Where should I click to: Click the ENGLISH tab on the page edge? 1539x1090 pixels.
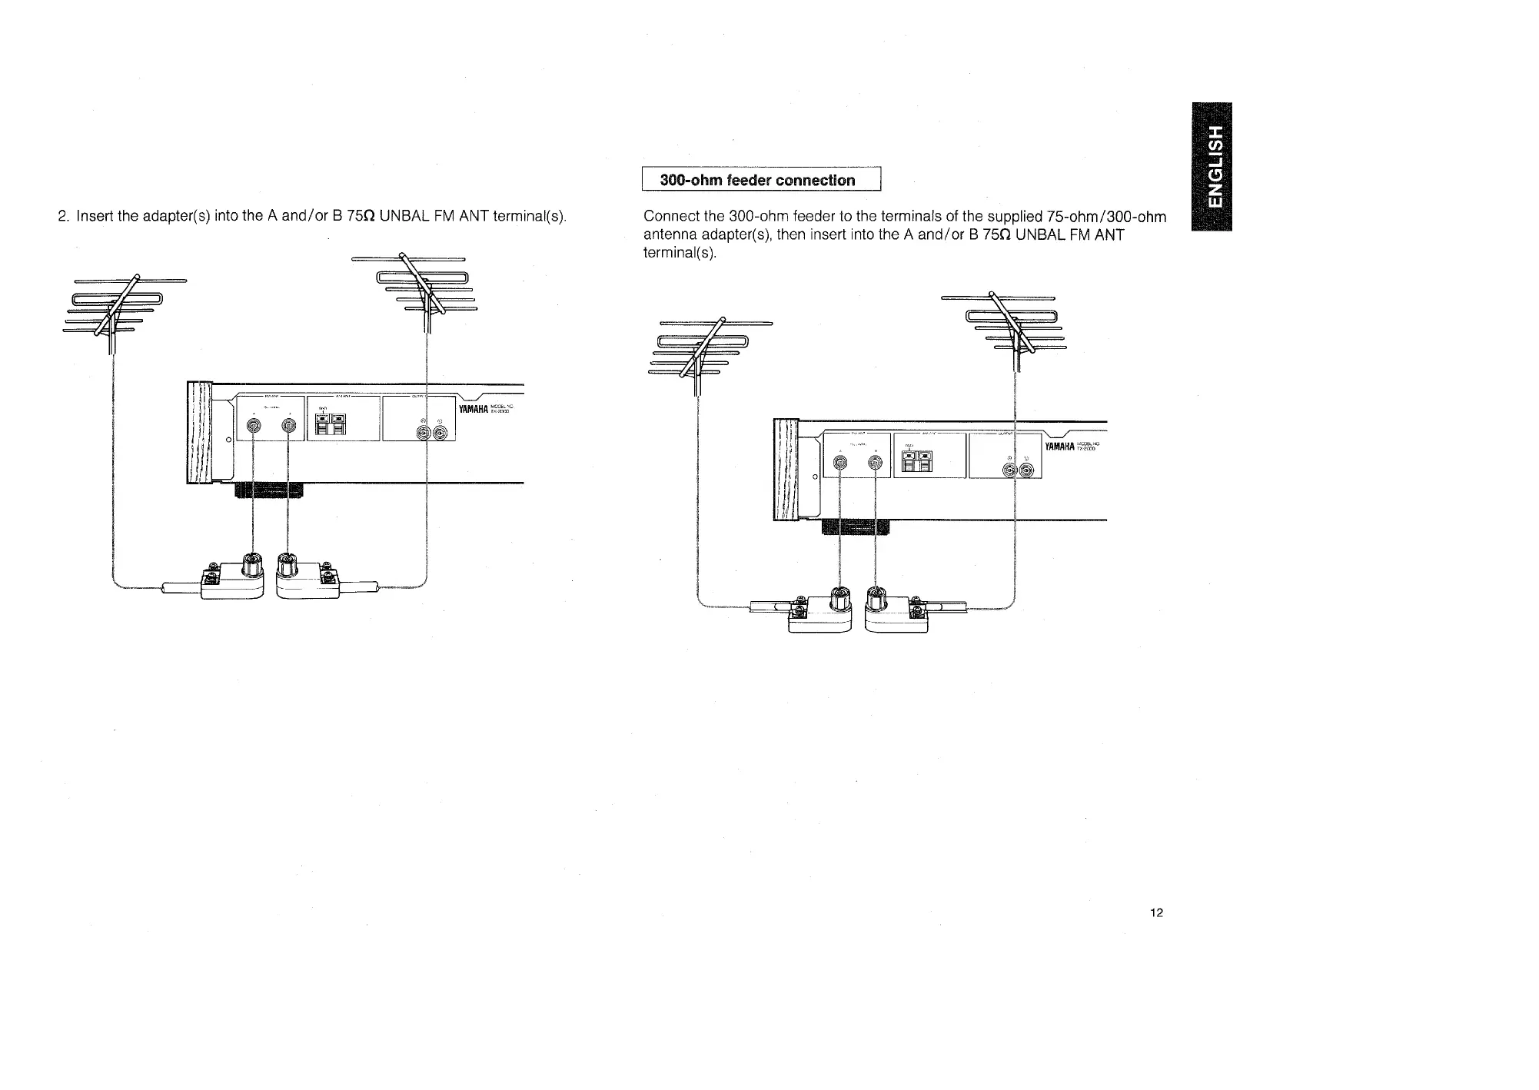point(1211,166)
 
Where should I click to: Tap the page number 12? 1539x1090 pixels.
point(1156,912)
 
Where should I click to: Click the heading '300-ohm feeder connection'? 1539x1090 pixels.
point(757,181)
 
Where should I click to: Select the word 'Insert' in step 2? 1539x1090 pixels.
point(96,216)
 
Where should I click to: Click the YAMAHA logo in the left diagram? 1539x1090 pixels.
point(474,408)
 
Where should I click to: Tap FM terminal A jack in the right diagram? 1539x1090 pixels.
point(840,463)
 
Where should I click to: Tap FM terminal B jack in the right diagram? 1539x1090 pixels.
point(874,463)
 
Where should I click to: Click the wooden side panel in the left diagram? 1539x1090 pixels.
point(199,432)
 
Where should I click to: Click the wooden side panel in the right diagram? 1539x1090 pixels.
point(786,470)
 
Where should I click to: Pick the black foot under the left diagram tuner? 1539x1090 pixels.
point(268,490)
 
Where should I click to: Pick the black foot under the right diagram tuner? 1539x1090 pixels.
point(856,527)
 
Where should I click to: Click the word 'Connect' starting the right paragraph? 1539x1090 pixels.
point(670,217)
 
